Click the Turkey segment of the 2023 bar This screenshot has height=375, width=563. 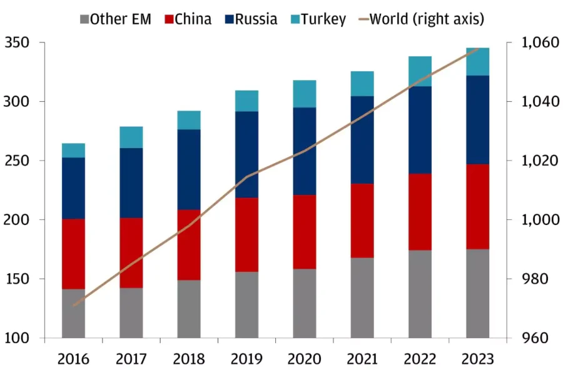click(478, 61)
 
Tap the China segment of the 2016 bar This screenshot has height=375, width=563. click(74, 254)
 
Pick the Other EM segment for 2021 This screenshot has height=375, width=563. click(362, 297)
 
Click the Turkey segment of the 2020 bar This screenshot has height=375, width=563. click(305, 94)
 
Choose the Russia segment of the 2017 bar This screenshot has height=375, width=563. click(131, 182)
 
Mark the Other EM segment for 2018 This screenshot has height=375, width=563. click(189, 309)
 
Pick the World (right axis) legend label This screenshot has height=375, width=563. click(426, 19)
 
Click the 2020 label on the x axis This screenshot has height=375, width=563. click(305, 359)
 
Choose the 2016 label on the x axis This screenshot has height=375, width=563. click(74, 359)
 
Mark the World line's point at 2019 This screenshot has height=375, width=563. click(246, 177)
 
